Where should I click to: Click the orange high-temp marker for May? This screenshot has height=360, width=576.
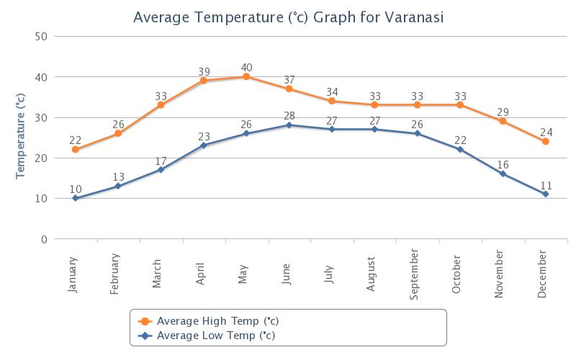pos(246,77)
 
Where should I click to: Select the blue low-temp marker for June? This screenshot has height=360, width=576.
pos(289,125)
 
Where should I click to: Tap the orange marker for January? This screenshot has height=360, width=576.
pos(76,150)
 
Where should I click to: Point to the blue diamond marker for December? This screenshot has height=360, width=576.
pos(546,194)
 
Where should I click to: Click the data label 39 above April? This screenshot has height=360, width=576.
pos(204,71)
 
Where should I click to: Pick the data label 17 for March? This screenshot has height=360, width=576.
pos(161,161)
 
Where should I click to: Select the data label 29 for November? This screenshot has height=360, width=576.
pos(503,112)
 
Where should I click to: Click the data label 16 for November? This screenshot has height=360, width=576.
pos(503,165)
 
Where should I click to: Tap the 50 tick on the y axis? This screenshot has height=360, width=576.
pos(41,37)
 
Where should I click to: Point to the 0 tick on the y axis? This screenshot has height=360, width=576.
pos(44,240)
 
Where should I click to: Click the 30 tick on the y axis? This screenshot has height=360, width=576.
pos(41,118)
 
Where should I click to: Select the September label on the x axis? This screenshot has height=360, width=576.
pos(413,274)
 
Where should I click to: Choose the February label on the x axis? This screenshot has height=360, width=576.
pos(114,274)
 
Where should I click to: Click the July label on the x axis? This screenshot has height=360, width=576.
pos(329,274)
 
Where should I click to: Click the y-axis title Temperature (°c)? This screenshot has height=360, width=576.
pos(20,136)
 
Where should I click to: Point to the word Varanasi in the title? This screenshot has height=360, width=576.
pos(414,17)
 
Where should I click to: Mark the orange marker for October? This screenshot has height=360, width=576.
pos(460,105)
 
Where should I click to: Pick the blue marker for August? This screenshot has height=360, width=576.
pos(374,130)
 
